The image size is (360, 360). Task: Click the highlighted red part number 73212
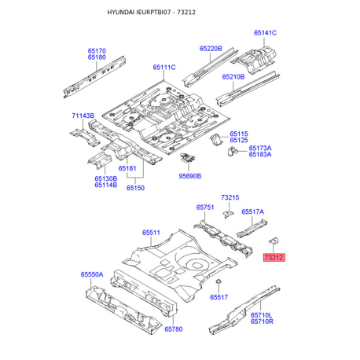[274, 257]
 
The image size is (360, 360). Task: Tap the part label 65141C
[265, 33]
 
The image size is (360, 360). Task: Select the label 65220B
[211, 49]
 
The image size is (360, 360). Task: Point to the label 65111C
[164, 68]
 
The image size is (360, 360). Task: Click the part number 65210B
[233, 77]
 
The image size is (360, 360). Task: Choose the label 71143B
[83, 116]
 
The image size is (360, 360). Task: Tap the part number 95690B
[190, 176]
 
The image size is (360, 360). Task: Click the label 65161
[127, 168]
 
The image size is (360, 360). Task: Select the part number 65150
[135, 188]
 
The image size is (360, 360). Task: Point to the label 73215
[230, 197]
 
